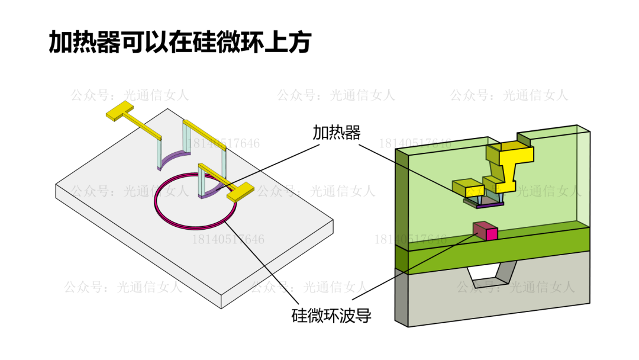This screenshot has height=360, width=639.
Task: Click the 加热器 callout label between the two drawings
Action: point(336,132)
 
